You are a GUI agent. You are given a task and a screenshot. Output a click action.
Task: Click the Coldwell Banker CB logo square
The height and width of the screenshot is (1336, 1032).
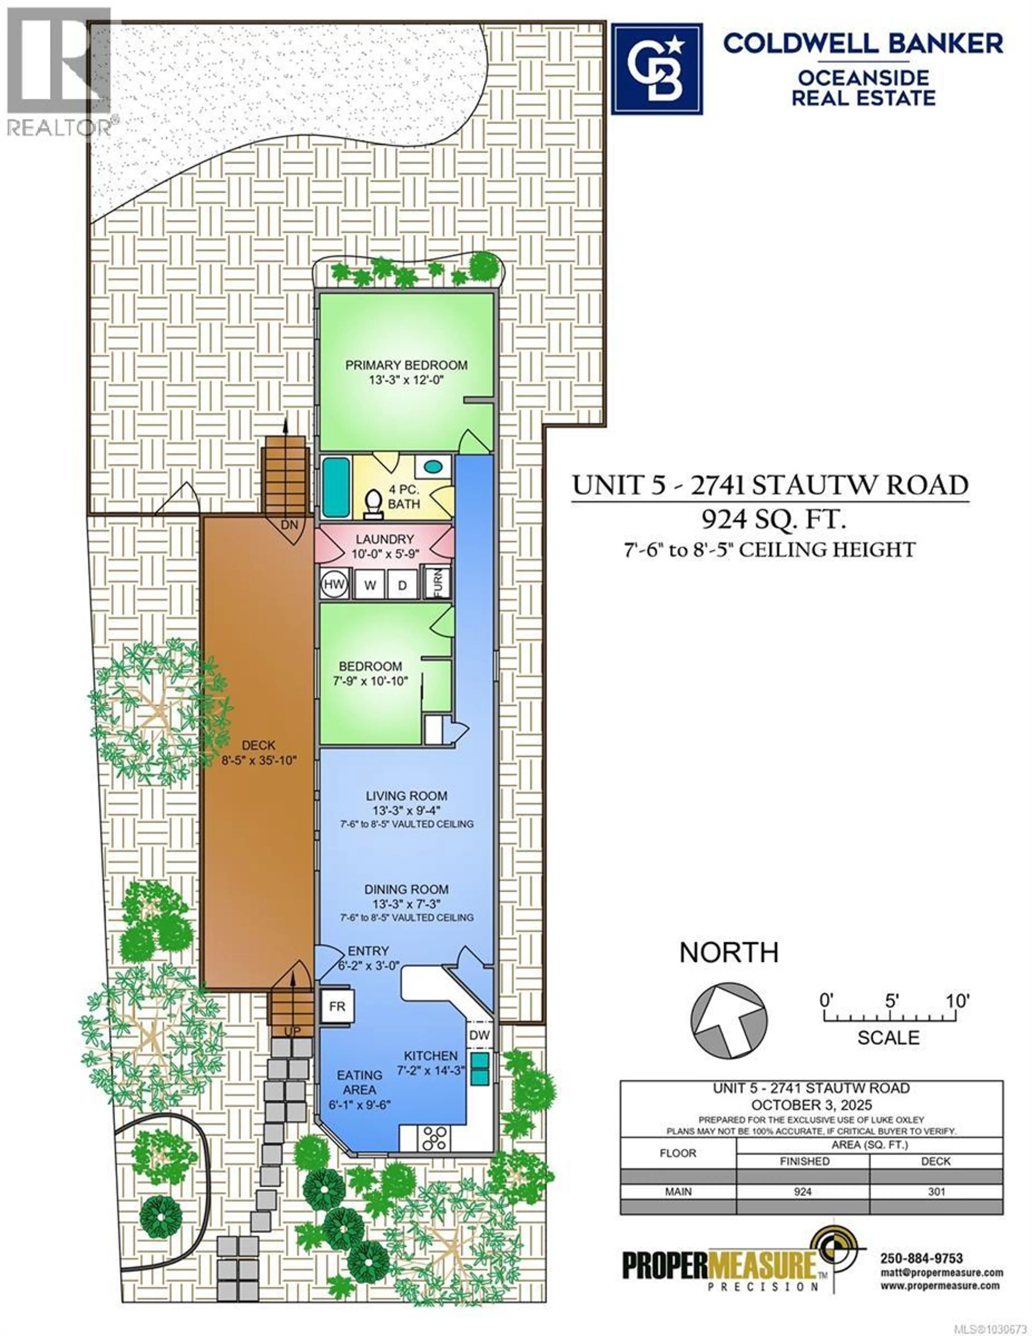(x=657, y=69)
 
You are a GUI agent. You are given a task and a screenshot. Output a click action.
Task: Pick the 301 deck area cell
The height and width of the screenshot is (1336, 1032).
(x=936, y=1192)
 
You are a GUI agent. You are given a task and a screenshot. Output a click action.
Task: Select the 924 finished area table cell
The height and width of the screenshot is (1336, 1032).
(x=802, y=1192)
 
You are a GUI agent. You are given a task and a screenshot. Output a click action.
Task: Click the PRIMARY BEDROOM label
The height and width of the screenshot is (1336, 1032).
(x=406, y=365)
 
